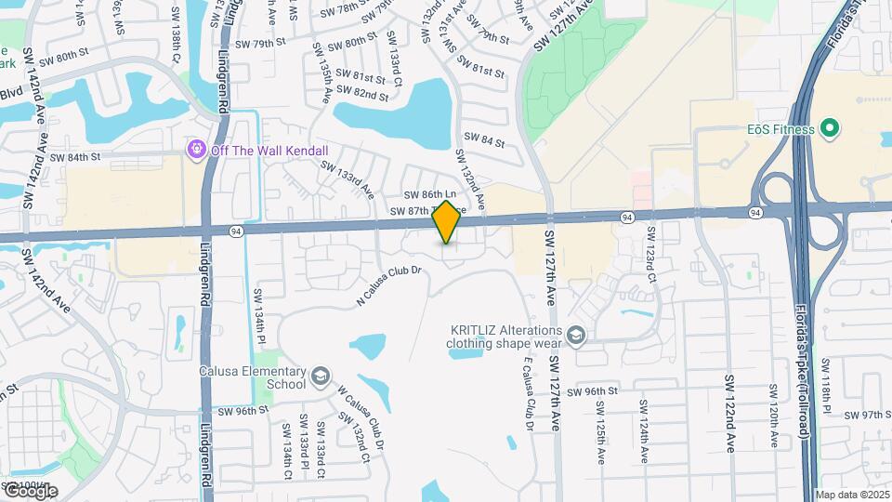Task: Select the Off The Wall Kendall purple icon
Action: pyautogui.click(x=196, y=149)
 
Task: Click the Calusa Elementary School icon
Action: pyautogui.click(x=321, y=376)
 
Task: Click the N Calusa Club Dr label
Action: pyautogui.click(x=389, y=285)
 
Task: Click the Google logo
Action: pyautogui.click(x=30, y=491)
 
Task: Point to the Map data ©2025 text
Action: pyautogui.click(x=852, y=495)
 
